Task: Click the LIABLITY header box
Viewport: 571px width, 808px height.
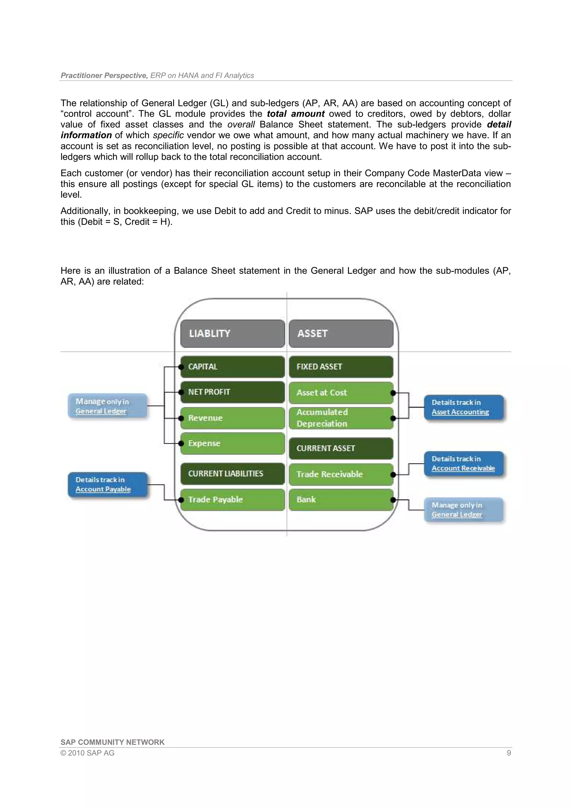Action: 233,333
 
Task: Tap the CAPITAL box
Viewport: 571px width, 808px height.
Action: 233,367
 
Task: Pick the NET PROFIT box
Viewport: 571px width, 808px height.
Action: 233,392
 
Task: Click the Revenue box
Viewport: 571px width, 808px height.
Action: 233,418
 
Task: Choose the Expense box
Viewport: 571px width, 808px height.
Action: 233,443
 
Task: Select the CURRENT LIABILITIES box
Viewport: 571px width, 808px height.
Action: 233,473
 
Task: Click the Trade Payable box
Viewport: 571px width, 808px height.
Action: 233,499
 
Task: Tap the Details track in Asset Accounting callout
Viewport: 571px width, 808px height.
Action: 463,407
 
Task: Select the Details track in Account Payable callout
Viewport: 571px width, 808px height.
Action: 107,485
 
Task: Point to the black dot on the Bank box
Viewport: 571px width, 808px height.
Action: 393,500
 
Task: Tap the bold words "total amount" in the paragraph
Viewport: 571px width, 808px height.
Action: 296,114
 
